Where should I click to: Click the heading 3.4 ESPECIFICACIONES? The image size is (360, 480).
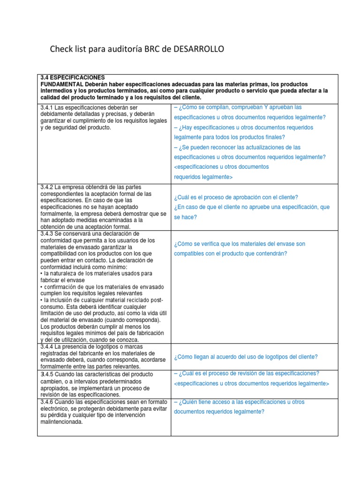(73, 77)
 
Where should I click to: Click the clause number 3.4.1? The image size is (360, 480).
(47, 108)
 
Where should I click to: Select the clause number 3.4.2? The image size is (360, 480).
(47, 187)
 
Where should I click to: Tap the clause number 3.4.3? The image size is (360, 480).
(47, 233)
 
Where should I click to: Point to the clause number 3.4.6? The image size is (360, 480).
(47, 402)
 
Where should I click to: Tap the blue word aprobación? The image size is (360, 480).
(243, 197)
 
